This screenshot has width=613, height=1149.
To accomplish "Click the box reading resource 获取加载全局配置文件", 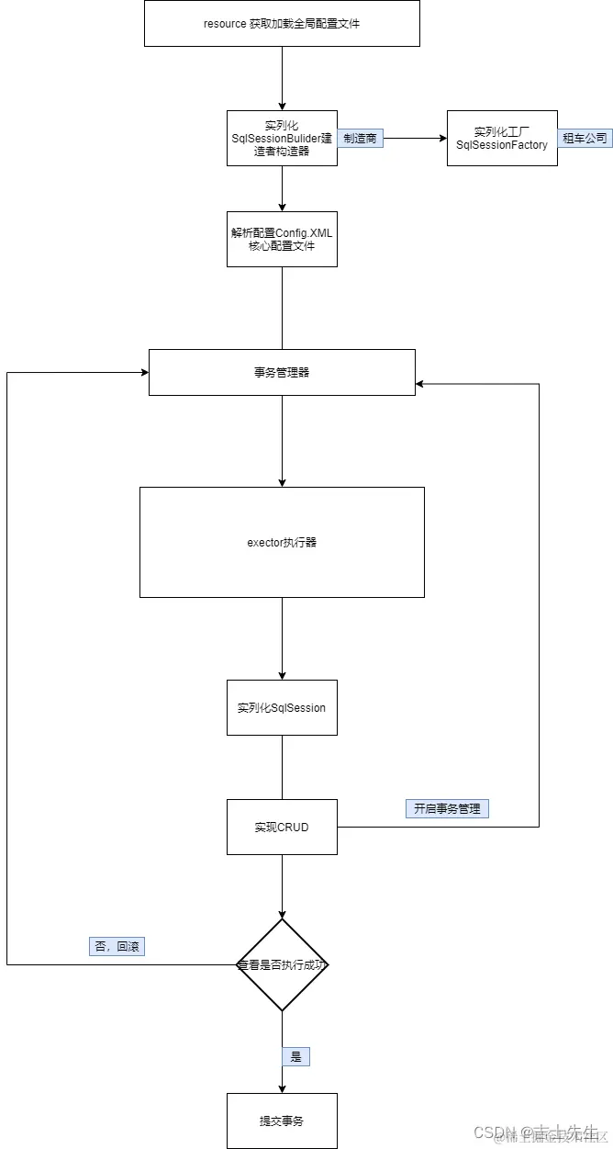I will pos(282,23).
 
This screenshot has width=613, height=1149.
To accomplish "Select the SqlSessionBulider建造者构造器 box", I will pos(282,138).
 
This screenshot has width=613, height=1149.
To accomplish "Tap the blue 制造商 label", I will pos(360,138).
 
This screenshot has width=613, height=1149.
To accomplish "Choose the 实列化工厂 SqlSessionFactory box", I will pos(502,138).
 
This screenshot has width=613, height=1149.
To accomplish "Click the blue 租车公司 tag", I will pos(585,138).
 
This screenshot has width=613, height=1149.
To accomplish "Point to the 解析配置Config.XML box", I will pos(282,240).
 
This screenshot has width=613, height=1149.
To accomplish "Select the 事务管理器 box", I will pos(282,372).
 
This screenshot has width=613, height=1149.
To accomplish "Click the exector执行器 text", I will pos(282,542).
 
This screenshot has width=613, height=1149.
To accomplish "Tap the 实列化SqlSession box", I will pos(282,707).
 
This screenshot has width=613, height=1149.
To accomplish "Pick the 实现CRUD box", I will pos(282,827).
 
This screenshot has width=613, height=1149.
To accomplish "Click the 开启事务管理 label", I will pos(448,808).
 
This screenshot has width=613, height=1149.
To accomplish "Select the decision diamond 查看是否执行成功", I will pos(282,964).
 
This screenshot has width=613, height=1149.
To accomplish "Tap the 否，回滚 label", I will pos(117,946).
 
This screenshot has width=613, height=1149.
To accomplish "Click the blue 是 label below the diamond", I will pos(295,1056).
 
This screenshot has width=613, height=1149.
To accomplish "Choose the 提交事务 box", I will pos(282,1121).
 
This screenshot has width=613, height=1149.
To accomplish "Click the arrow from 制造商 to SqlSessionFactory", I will pos(413,138).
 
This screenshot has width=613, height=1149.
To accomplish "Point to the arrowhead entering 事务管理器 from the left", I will pos(144,372).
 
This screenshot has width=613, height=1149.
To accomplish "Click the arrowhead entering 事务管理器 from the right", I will pos(420,383).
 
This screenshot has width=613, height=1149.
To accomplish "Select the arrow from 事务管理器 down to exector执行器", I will pos(282,441).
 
